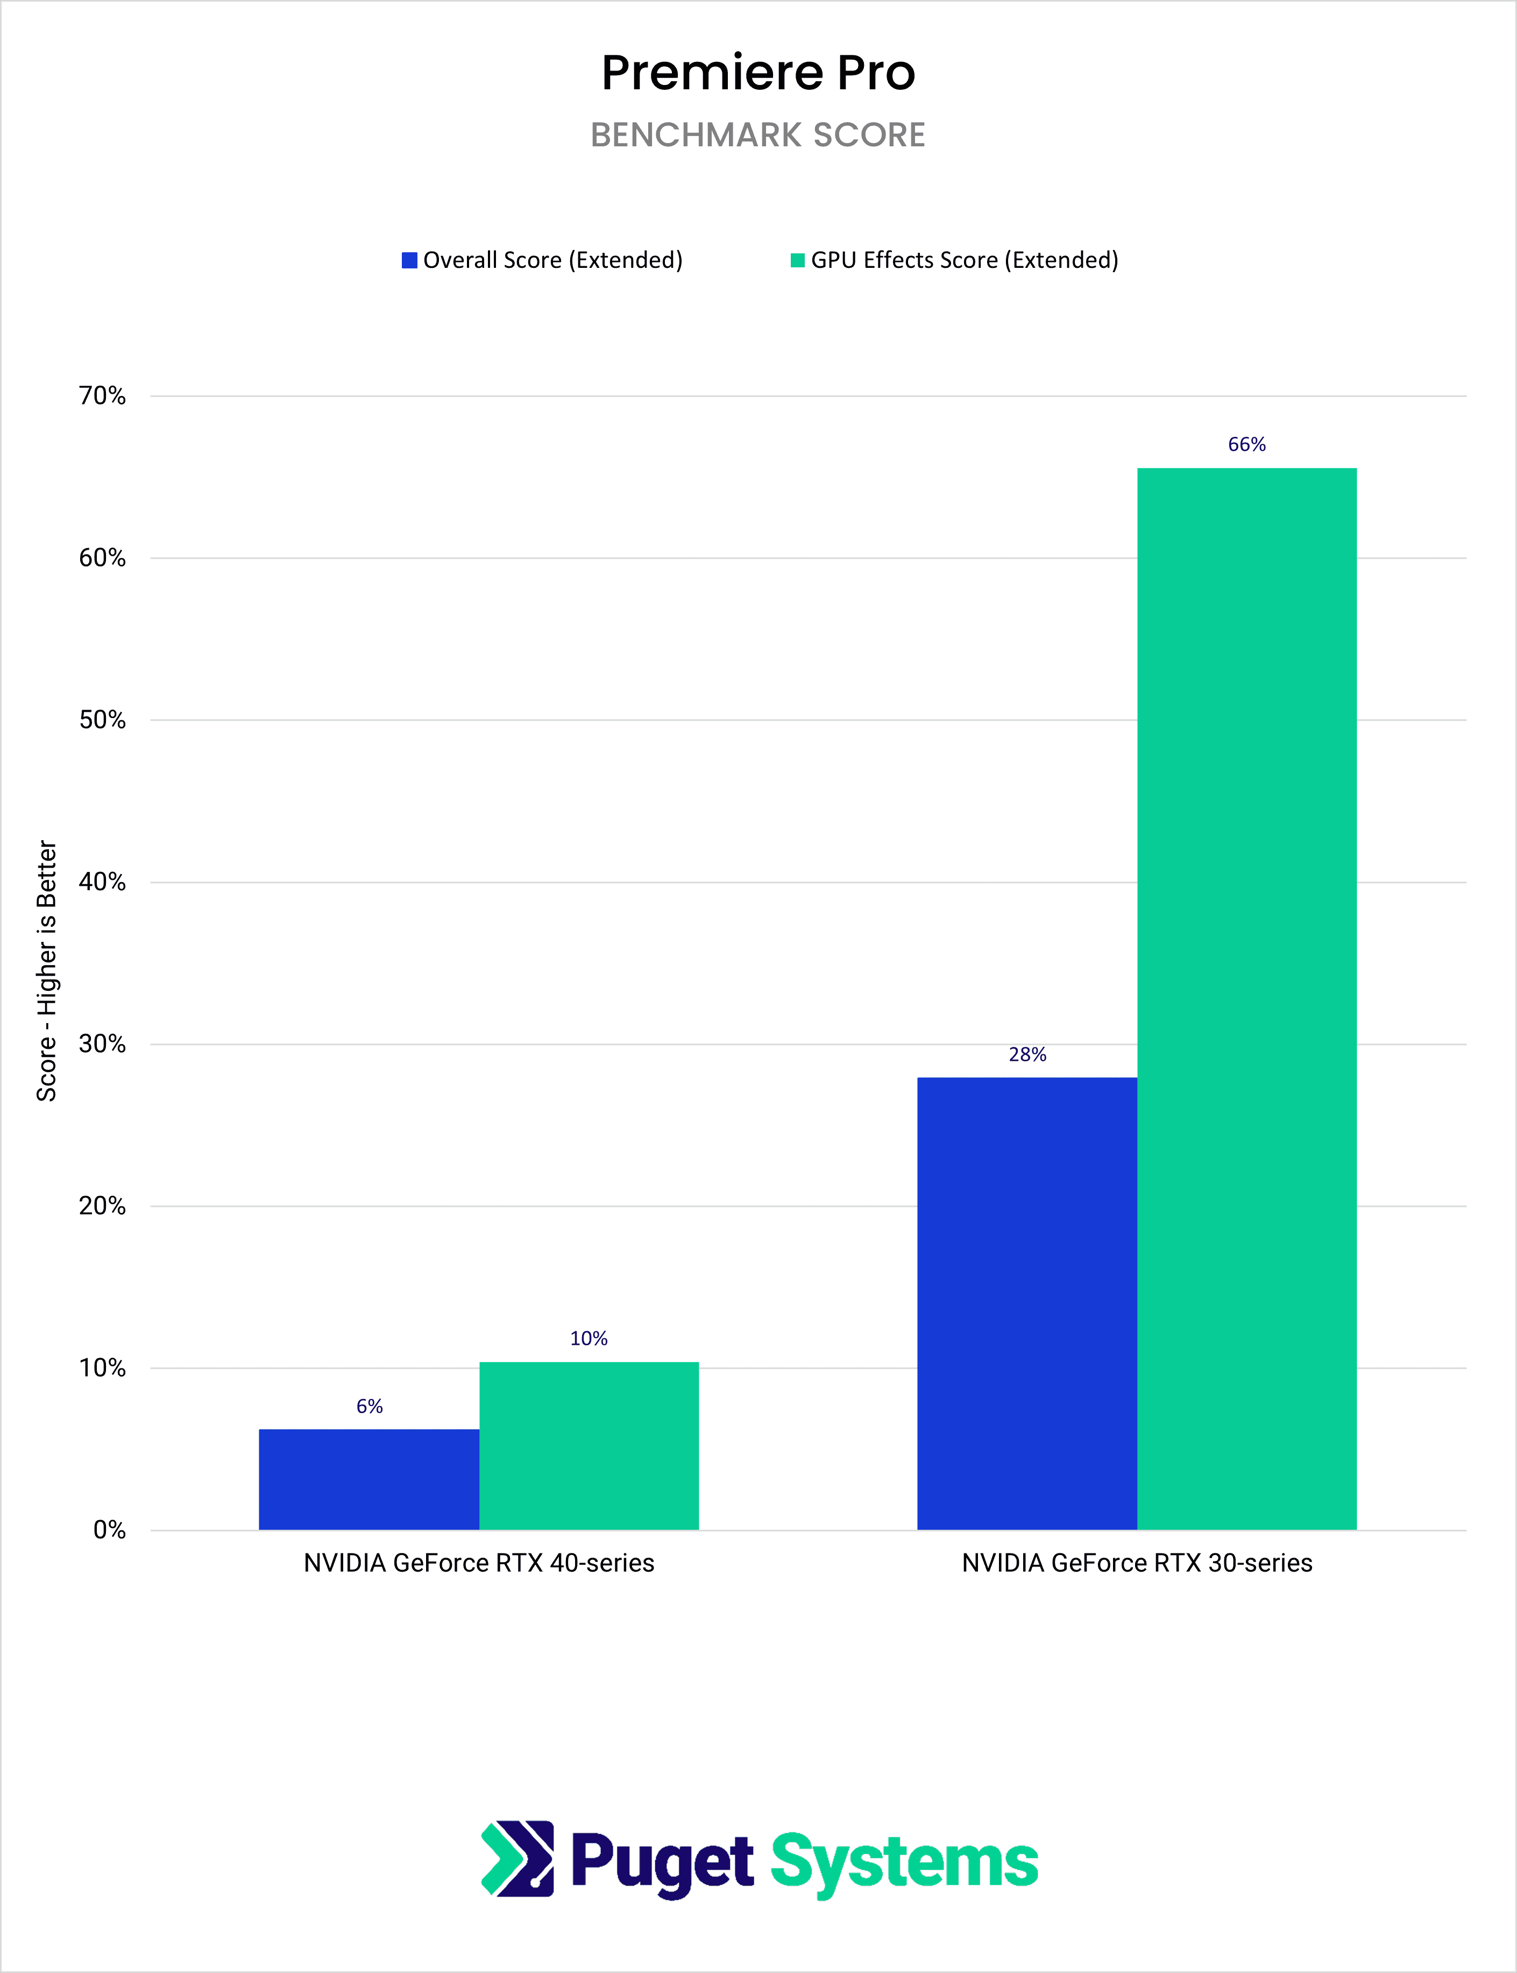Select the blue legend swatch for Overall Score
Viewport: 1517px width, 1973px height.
coord(409,260)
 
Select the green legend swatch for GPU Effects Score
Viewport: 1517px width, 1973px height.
coord(797,260)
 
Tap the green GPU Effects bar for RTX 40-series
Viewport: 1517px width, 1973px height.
coord(589,1445)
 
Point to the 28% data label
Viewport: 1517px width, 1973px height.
coord(1027,1055)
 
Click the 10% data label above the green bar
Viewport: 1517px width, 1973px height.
coord(589,1338)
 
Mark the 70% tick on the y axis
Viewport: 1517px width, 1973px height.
coord(102,395)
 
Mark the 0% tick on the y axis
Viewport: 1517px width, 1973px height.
coord(109,1530)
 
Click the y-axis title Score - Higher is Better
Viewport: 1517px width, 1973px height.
coord(47,971)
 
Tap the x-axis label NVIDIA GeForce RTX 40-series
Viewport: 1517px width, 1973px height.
coord(479,1563)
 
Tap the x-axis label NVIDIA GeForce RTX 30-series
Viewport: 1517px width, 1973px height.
coord(1137,1563)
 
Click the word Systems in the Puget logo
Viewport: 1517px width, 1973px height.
coord(904,1863)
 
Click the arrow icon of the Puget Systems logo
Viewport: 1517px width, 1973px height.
coord(518,1858)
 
